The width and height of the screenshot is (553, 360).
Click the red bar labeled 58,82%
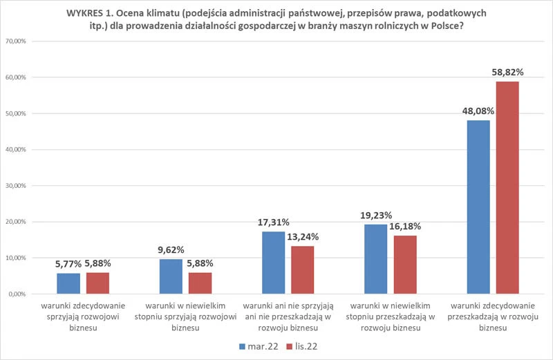[507, 188]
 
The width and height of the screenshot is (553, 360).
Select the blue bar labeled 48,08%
[478, 207]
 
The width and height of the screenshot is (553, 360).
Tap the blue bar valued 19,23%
[375, 259]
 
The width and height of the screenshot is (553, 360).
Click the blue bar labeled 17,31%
[273, 263]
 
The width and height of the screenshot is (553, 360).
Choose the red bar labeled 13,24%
[302, 270]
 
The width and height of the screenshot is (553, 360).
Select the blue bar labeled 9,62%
[171, 276]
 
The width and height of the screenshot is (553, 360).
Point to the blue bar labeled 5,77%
[68, 283]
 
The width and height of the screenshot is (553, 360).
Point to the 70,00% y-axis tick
[15, 41]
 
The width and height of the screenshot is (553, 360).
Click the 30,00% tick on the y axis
[15, 186]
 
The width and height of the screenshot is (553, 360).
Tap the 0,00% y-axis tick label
[17, 294]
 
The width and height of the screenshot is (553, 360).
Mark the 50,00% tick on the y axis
[15, 113]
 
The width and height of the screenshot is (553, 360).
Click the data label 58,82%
[507, 72]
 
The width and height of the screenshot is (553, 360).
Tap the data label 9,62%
[170, 249]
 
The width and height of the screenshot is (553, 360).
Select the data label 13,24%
[303, 236]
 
